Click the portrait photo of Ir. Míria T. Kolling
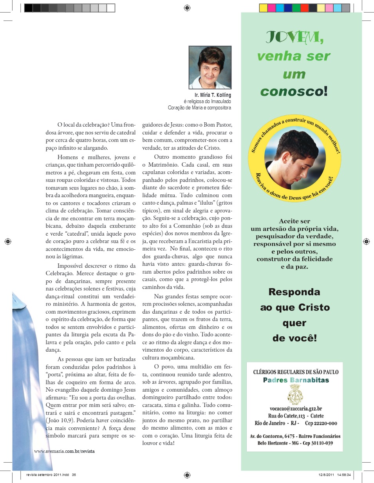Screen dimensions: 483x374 (x=210, y=67)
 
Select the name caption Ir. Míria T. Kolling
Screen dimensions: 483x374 (x=213, y=95)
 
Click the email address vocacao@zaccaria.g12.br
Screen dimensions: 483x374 (x=296, y=408)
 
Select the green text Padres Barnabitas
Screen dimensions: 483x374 (x=296, y=380)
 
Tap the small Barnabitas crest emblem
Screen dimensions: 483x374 (x=295, y=394)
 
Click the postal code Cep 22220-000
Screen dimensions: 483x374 (x=321, y=423)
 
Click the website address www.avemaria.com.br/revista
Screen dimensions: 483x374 (x=65, y=451)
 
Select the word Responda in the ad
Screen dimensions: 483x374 (x=294, y=292)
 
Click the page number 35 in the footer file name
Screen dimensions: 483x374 (x=74, y=475)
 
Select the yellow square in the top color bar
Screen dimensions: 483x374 (x=263, y=8)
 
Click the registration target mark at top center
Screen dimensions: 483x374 (x=187, y=8)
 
